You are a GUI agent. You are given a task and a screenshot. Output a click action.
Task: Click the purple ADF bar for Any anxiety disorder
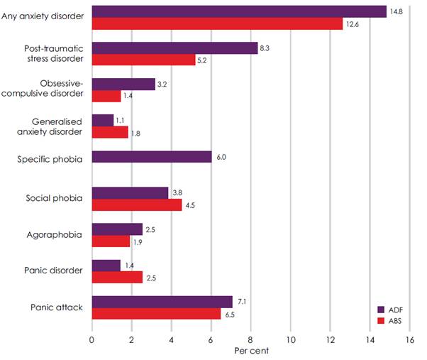coord(239,11)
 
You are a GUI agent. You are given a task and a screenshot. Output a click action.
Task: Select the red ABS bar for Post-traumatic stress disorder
coord(144,60)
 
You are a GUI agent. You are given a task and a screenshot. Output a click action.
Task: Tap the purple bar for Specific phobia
coord(152,157)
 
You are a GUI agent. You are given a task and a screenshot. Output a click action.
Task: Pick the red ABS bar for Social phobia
coord(136,205)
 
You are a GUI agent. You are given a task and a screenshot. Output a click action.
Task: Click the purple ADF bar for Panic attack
coord(162,302)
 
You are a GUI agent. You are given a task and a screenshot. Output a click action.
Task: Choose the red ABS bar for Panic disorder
coord(117,277)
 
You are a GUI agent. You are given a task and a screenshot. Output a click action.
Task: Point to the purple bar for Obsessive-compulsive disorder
coord(123,84)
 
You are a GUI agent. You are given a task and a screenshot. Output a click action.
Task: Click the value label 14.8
coord(396,11)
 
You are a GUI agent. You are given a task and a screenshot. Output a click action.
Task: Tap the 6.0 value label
coord(221,157)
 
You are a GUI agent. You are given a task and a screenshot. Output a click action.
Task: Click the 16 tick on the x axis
coord(409,339)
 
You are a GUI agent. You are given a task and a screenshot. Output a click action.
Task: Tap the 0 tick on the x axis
coord(92,339)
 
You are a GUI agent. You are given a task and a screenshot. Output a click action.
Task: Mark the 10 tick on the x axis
coord(290,339)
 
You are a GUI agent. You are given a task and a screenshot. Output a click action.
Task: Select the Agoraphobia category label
coord(57,234)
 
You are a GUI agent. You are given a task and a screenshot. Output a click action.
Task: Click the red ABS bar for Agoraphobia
coord(111,241)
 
